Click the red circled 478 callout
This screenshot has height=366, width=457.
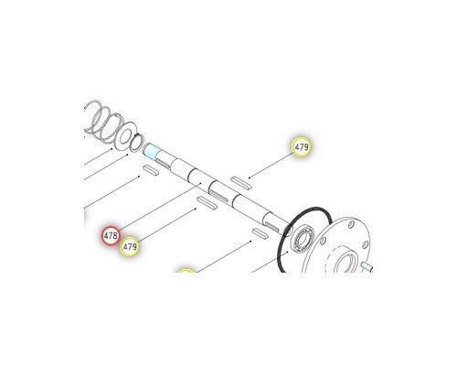(x=111, y=235)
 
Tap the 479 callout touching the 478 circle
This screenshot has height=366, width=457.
(x=130, y=246)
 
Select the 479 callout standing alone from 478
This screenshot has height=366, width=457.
(x=302, y=146)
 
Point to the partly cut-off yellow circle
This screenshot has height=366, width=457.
(x=186, y=271)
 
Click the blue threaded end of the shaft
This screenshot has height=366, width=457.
(x=151, y=152)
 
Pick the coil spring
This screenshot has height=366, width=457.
(x=103, y=122)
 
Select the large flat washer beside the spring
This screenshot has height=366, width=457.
(x=125, y=136)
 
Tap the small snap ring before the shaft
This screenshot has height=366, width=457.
(x=136, y=143)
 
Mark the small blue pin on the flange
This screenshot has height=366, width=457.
(x=367, y=266)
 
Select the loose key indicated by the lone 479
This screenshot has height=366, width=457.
(x=240, y=183)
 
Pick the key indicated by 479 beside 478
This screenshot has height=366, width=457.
(x=207, y=203)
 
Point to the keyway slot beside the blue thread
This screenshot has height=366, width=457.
(x=164, y=163)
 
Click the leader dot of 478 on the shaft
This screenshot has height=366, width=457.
(x=200, y=184)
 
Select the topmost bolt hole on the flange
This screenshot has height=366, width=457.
(x=351, y=225)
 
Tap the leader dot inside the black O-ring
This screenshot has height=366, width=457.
(x=288, y=252)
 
